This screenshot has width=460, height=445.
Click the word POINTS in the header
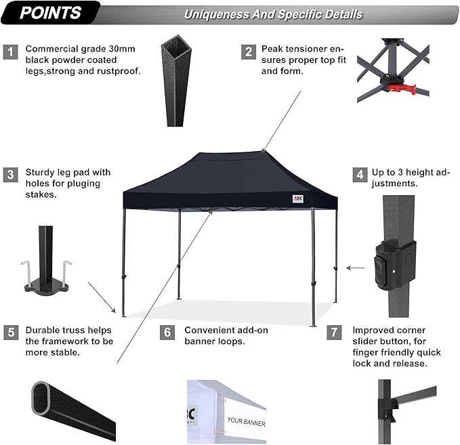coord(51,12)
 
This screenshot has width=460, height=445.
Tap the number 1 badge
coord(10,51)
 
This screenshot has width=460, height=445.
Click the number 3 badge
coord(10,175)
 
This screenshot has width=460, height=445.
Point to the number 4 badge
coord(358,175)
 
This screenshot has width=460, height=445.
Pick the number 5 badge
coord(10,332)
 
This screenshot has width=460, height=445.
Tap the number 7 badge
coord(333,332)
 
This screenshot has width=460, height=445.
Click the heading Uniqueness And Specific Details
coord(274,14)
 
